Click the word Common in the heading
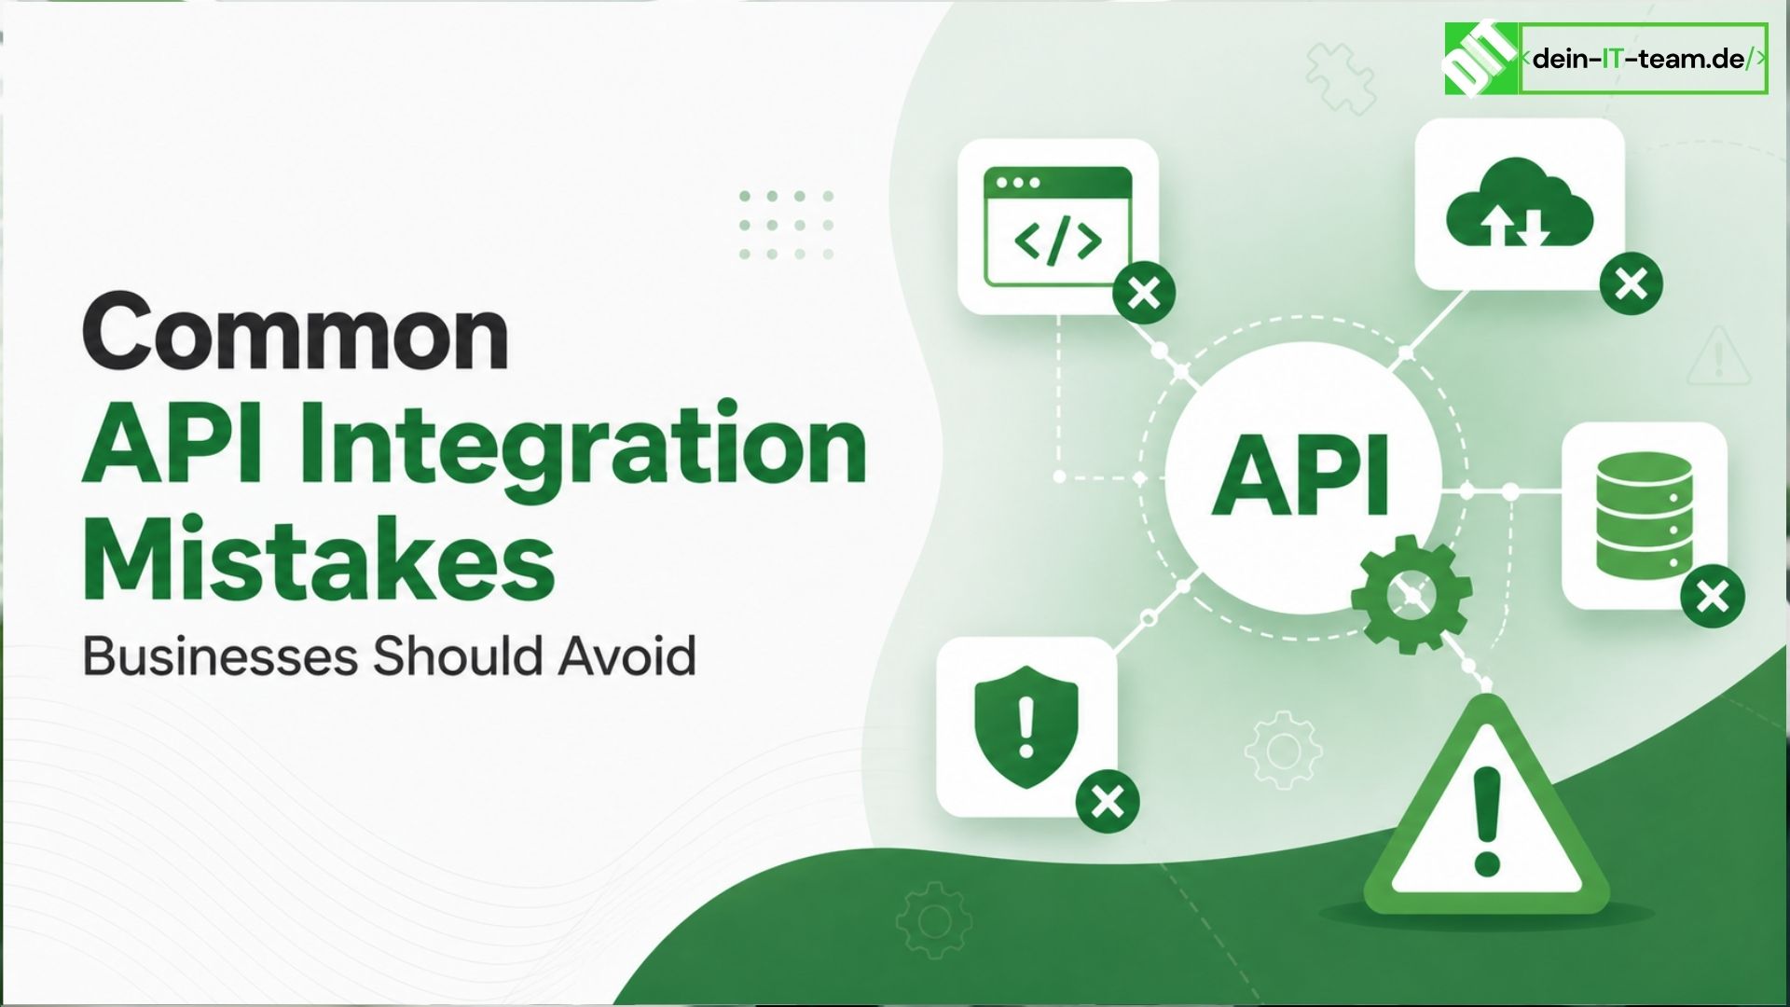[x=296, y=331]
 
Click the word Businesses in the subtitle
[x=220, y=655]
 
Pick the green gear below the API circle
[x=1411, y=594]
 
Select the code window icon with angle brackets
[x=1057, y=227]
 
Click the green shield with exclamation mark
[x=1026, y=726]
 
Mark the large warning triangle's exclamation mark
[x=1486, y=818]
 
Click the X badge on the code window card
[x=1144, y=294]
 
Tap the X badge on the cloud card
[x=1632, y=283]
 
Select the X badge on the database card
[x=1713, y=596]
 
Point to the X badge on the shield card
[x=1108, y=801]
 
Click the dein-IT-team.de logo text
[x=1643, y=59]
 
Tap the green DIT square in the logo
[x=1481, y=59]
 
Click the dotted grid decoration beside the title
[x=786, y=225]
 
